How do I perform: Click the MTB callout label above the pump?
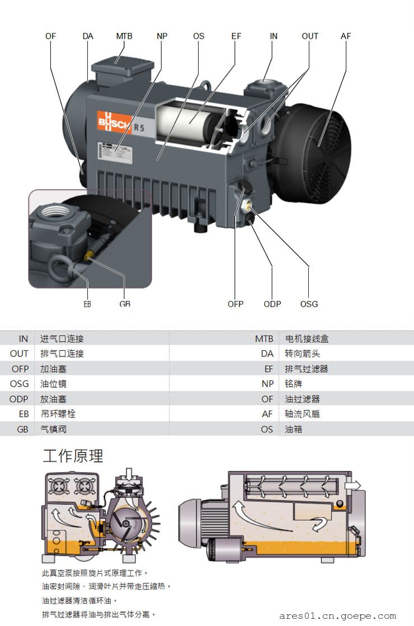124,36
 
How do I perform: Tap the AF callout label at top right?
346,36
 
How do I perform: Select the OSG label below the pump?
309,304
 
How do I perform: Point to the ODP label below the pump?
272,304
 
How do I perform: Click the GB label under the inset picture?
125,304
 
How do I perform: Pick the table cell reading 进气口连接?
62,339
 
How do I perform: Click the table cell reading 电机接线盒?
307,339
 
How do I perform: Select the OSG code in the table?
19,384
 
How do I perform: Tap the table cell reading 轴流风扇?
302,414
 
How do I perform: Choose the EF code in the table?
269,369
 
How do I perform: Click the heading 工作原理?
73,456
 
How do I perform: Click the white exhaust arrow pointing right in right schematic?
353,485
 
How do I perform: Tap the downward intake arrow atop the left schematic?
129,476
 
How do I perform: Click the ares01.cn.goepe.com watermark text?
337,616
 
